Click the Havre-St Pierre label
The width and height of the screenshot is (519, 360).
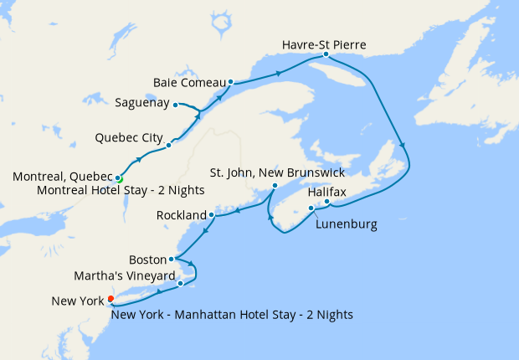pyautogui.click(x=324, y=44)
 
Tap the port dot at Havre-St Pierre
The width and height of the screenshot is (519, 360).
pyautogui.click(x=326, y=55)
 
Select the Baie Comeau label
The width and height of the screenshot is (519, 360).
pyautogui.click(x=190, y=82)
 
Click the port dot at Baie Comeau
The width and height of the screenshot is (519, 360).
pyautogui.click(x=230, y=82)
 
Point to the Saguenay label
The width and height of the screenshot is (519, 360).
pyautogui.click(x=142, y=104)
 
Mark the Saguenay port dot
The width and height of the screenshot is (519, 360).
pyautogui.click(x=175, y=105)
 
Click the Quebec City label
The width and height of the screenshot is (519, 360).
pyautogui.click(x=128, y=136)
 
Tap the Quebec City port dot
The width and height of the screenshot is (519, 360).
pyautogui.click(x=168, y=145)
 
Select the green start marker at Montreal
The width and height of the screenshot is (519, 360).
pyautogui.click(x=119, y=178)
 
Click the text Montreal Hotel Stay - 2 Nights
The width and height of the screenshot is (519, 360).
pyautogui.click(x=121, y=190)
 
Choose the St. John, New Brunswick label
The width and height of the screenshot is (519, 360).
pyautogui.click(x=277, y=172)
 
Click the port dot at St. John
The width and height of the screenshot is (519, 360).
pyautogui.click(x=275, y=185)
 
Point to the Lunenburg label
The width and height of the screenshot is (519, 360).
pyautogui.click(x=347, y=224)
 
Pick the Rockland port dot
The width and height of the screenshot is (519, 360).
pyautogui.click(x=212, y=215)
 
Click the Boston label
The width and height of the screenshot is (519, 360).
pyautogui.click(x=148, y=259)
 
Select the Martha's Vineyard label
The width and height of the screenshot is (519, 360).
pyautogui.click(x=125, y=275)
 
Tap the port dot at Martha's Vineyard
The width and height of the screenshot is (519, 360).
pyautogui.click(x=180, y=284)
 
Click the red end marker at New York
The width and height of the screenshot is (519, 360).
pyautogui.click(x=110, y=299)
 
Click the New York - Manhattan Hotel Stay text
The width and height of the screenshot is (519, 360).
pyautogui.click(x=231, y=315)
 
